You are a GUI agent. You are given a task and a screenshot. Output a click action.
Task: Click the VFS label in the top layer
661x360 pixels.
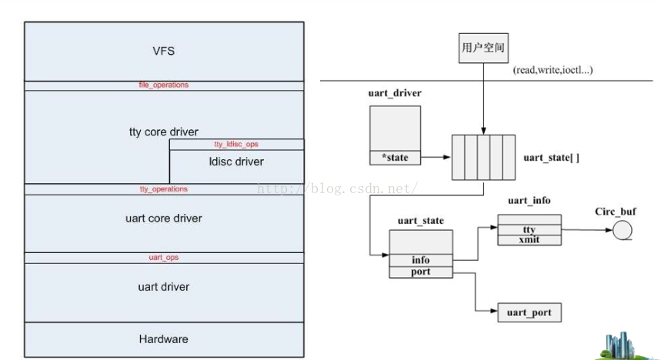164,52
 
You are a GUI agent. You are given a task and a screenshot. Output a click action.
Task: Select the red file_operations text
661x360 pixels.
164,85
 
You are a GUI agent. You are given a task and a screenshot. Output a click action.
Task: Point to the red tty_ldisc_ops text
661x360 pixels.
236,145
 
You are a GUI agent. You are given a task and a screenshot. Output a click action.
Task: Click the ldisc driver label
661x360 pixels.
236,162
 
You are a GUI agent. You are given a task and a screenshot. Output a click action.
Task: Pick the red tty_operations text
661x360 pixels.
164,189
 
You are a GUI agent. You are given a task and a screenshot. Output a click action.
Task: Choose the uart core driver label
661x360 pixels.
164,218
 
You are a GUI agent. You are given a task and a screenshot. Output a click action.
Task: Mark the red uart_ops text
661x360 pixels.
164,258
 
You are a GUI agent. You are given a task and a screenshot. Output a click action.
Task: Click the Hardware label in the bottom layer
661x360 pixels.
164,339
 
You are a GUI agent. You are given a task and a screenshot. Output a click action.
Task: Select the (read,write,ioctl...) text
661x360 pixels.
553,70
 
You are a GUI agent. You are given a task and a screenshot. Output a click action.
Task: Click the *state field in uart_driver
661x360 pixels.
395,158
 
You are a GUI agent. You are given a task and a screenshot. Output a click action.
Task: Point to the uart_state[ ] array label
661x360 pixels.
551,158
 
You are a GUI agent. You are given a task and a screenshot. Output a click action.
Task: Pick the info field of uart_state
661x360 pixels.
420,260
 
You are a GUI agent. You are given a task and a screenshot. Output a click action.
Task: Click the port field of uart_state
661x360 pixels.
420,272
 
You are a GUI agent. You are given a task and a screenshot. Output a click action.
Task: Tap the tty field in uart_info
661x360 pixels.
529,229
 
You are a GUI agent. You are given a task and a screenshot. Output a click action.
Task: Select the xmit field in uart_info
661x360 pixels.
529,240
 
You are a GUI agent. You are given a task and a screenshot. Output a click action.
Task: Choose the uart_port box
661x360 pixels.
529,312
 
